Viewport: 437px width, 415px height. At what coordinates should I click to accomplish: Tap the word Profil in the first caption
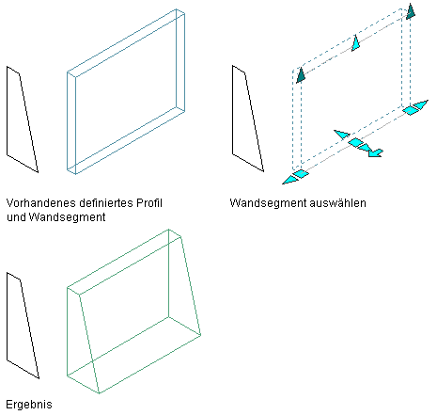pyautogui.click(x=148, y=203)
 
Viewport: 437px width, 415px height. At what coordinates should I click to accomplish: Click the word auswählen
pyautogui.click(x=337, y=203)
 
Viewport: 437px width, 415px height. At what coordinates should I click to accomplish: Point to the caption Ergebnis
pyautogui.click(x=29, y=405)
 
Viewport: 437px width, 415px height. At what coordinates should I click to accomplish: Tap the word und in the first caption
pyautogui.click(x=16, y=217)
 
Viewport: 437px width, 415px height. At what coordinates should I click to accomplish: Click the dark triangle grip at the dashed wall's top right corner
pyautogui.click(x=411, y=12)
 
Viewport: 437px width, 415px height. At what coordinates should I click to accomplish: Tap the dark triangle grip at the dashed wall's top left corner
pyautogui.click(x=301, y=76)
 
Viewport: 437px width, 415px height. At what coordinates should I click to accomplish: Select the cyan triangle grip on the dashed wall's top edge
pyautogui.click(x=355, y=43)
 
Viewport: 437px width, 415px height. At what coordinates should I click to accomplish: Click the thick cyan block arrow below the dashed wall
pyautogui.click(x=375, y=152)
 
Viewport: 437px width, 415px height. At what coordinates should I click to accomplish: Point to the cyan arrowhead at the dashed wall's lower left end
pyautogui.click(x=289, y=180)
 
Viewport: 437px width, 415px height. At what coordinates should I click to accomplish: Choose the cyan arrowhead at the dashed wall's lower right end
pyautogui.click(x=421, y=104)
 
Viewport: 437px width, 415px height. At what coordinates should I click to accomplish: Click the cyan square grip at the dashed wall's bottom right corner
pyautogui.click(x=410, y=110)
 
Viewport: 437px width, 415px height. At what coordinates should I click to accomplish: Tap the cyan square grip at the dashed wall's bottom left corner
pyautogui.click(x=301, y=174)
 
